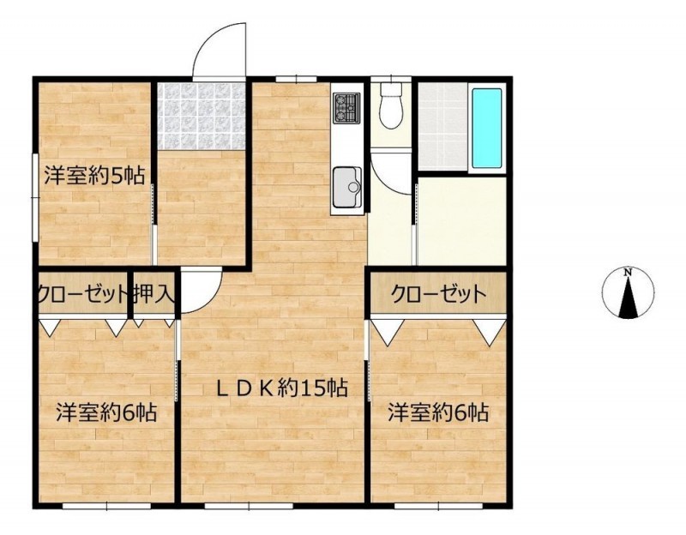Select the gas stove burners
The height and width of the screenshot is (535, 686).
tap(346, 107)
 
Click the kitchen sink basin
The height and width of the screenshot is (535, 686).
tap(347, 187)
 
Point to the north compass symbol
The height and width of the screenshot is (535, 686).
tap(629, 292)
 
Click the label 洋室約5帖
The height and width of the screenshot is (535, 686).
tap(94, 177)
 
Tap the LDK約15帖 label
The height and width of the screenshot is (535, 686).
tap(282, 388)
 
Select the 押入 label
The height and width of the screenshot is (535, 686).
tap(154, 293)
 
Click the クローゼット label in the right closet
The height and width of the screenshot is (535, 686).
tap(438, 294)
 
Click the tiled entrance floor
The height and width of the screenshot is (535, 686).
tap(202, 116)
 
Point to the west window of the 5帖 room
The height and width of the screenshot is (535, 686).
tap(34, 197)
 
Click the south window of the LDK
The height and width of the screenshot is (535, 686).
tap(249, 506)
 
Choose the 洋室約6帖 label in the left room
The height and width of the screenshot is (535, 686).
tap(106, 412)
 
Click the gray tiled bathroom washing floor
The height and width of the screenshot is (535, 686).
tap(442, 127)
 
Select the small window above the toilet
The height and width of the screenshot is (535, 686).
tap(391, 79)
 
